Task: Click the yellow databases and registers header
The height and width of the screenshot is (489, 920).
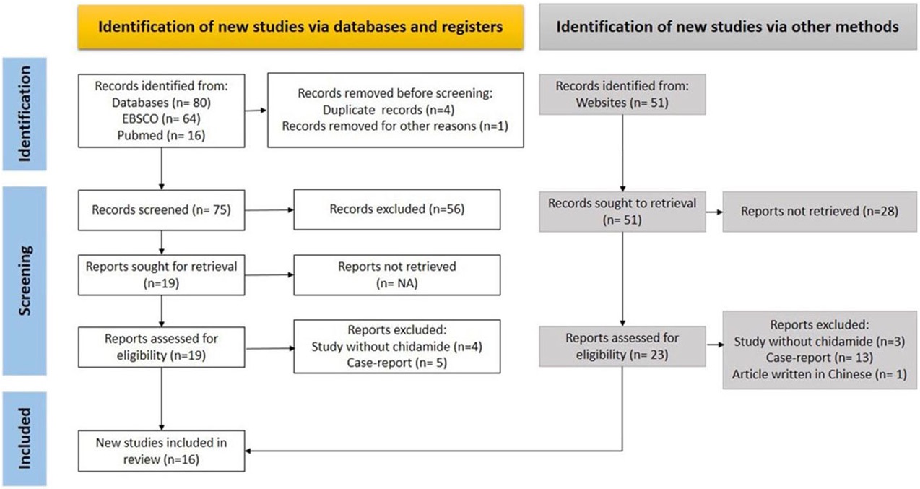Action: (300, 27)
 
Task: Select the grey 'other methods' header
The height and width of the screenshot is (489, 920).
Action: (728, 27)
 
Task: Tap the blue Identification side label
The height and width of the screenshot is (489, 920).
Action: (25, 114)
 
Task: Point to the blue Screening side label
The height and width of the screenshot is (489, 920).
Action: (25, 281)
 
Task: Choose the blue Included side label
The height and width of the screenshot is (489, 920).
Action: (25, 439)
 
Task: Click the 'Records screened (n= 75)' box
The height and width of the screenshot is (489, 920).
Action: (162, 210)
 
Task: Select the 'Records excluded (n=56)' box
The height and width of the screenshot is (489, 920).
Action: (397, 209)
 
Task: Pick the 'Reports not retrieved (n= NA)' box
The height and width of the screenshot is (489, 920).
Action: (397, 275)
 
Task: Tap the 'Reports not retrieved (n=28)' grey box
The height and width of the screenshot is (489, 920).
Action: (820, 212)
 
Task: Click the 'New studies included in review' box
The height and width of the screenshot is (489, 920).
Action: (162, 451)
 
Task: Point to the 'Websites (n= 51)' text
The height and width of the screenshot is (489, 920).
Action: (622, 103)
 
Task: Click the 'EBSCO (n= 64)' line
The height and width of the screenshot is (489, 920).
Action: (162, 118)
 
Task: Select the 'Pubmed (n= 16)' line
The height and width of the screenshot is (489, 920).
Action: (162, 135)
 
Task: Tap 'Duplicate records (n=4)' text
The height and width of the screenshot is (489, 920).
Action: (389, 110)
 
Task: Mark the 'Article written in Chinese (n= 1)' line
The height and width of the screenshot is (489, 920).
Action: (820, 374)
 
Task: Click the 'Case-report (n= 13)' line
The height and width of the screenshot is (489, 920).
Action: (820, 358)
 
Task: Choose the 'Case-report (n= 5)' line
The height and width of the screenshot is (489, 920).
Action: (396, 363)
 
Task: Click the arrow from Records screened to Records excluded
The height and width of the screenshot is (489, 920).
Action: (269, 210)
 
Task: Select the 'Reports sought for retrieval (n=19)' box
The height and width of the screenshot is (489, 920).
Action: (162, 275)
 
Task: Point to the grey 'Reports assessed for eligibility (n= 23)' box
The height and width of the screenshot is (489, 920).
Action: (622, 346)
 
